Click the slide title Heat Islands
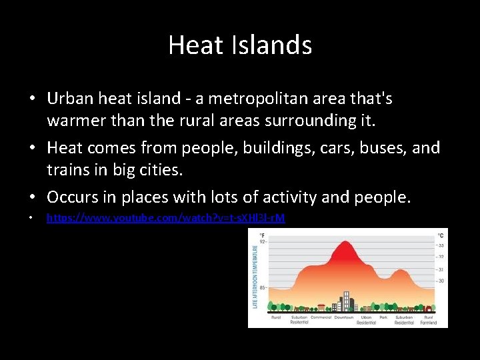240,45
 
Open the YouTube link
165,218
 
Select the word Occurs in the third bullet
73,197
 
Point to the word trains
70,170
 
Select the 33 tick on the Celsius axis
440,245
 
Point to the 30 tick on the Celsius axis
440,281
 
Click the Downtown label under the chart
345,317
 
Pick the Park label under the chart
383,317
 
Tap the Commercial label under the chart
321,317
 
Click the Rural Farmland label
428,319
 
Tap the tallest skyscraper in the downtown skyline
345,301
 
